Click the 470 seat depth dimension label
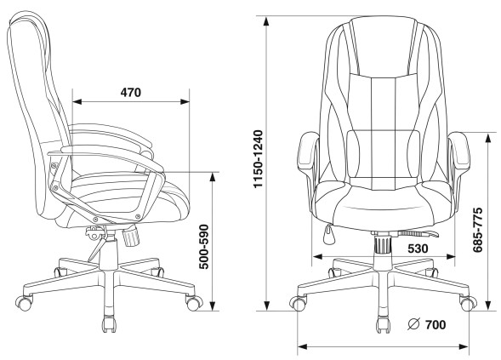[x=131, y=93]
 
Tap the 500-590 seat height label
[x=203, y=247]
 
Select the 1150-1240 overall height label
[x=258, y=159]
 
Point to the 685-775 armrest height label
[x=478, y=230]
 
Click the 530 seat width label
[x=418, y=249]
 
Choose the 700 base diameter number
[x=436, y=325]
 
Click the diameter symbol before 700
[x=413, y=324]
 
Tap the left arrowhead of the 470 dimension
[x=77, y=101]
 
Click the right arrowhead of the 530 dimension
[x=451, y=256]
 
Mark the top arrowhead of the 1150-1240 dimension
[x=266, y=21]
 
